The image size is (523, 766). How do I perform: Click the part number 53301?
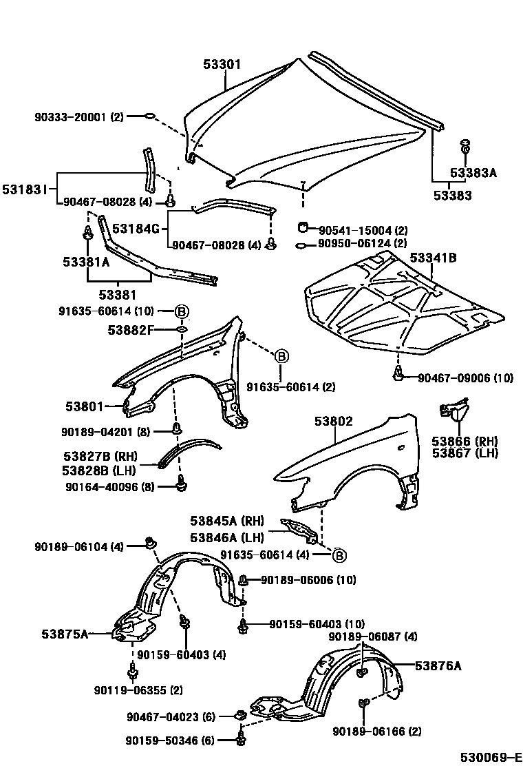222,65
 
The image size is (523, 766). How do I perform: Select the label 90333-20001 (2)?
78,117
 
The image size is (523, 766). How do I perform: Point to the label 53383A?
473,173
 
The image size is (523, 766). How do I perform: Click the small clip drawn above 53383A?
465,146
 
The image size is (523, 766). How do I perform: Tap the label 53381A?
86,262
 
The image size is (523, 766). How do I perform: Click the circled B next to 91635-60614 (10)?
182,312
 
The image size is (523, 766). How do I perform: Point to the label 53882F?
130,330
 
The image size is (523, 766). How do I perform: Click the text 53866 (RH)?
465,441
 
